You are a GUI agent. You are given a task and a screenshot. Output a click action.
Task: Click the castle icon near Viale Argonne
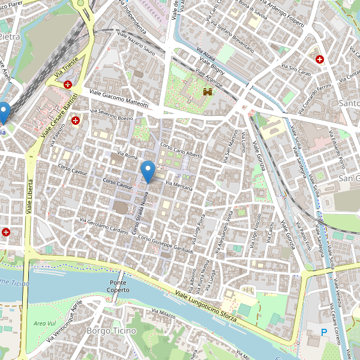(208, 92)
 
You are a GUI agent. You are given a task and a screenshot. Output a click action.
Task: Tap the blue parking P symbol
(324, 332)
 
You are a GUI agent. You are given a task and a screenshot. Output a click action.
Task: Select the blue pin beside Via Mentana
(148, 172)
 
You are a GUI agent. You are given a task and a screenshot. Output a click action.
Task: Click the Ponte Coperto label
(119, 286)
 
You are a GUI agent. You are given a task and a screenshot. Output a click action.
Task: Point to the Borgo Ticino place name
(111, 331)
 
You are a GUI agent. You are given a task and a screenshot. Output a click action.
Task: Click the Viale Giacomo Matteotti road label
(119, 99)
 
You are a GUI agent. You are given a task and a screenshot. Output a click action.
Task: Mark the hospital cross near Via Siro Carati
(320, 59)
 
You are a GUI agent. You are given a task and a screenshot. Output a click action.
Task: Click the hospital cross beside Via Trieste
(68, 85)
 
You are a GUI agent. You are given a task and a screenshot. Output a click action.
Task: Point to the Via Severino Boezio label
(111, 115)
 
